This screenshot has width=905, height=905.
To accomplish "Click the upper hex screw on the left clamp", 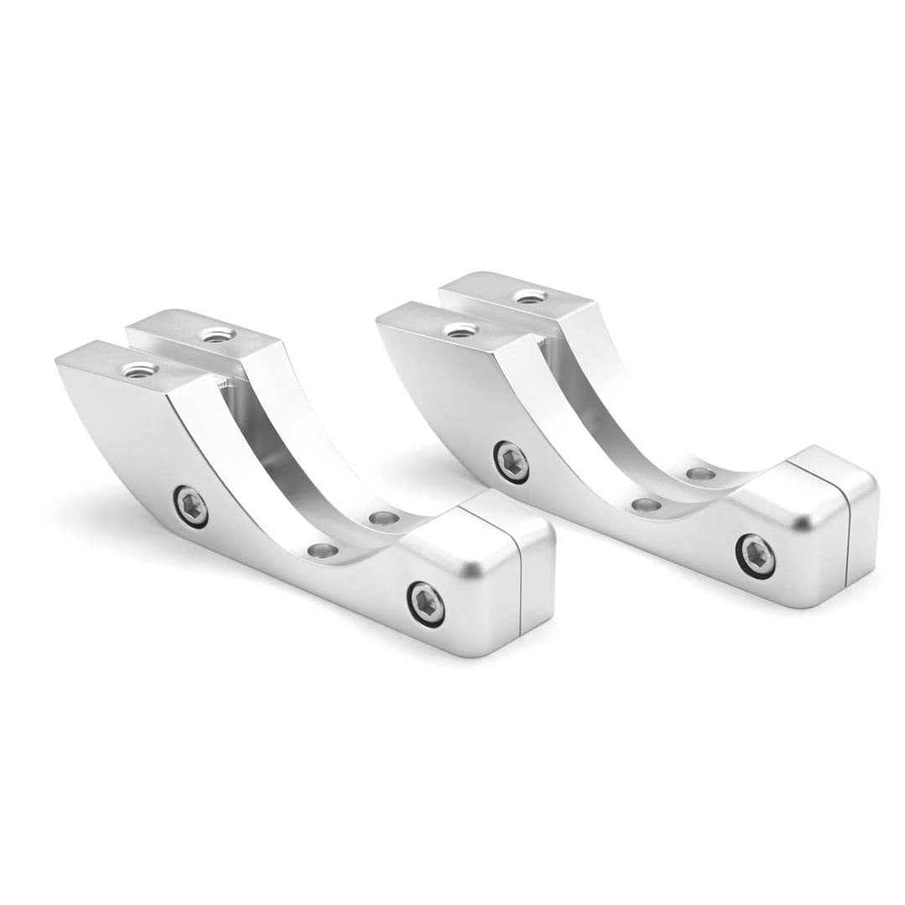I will click(x=192, y=506).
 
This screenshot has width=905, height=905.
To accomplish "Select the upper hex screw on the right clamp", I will click(x=511, y=461).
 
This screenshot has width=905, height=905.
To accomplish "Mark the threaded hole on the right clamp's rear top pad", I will click(x=529, y=296).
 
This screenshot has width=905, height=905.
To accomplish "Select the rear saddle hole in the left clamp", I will click(x=381, y=518).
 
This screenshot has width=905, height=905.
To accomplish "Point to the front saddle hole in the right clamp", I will click(x=645, y=504).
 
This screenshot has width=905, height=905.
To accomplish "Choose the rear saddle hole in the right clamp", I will click(x=701, y=474).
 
